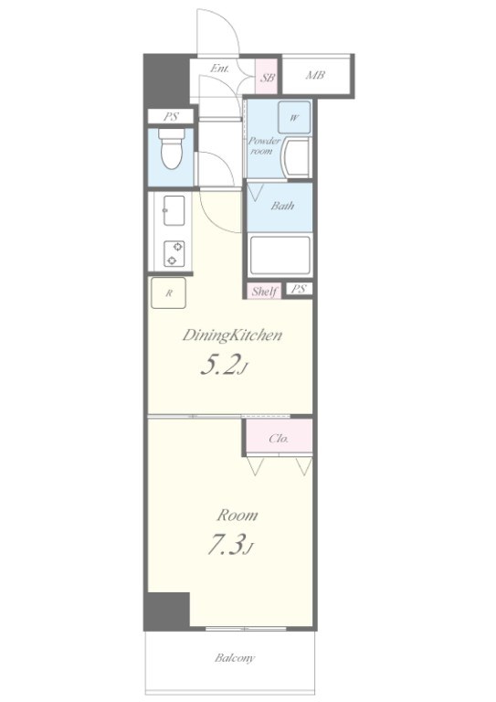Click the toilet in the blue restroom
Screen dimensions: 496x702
[173, 149]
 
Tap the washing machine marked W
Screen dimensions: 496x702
[294, 118]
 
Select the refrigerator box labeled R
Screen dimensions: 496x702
[169, 293]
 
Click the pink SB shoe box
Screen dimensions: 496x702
[267, 77]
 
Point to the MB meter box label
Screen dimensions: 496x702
[315, 75]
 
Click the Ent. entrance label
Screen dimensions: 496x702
[219, 69]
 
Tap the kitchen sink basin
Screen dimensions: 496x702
[174, 210]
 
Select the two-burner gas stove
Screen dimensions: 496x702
[174, 253]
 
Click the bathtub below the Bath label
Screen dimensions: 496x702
[280, 255]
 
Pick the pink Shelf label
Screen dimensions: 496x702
[263, 292]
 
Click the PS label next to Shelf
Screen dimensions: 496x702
[299, 289]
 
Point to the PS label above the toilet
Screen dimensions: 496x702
[171, 117]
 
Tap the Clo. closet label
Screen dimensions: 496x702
[279, 439]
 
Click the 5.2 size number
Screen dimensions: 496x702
[217, 365]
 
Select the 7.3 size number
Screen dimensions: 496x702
[227, 545]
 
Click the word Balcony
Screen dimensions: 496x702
[235, 658]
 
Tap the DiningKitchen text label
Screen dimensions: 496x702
[232, 335]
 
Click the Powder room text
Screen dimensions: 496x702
[264, 146]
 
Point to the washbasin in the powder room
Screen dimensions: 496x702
[297, 158]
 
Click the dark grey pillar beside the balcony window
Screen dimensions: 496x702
[167, 612]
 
